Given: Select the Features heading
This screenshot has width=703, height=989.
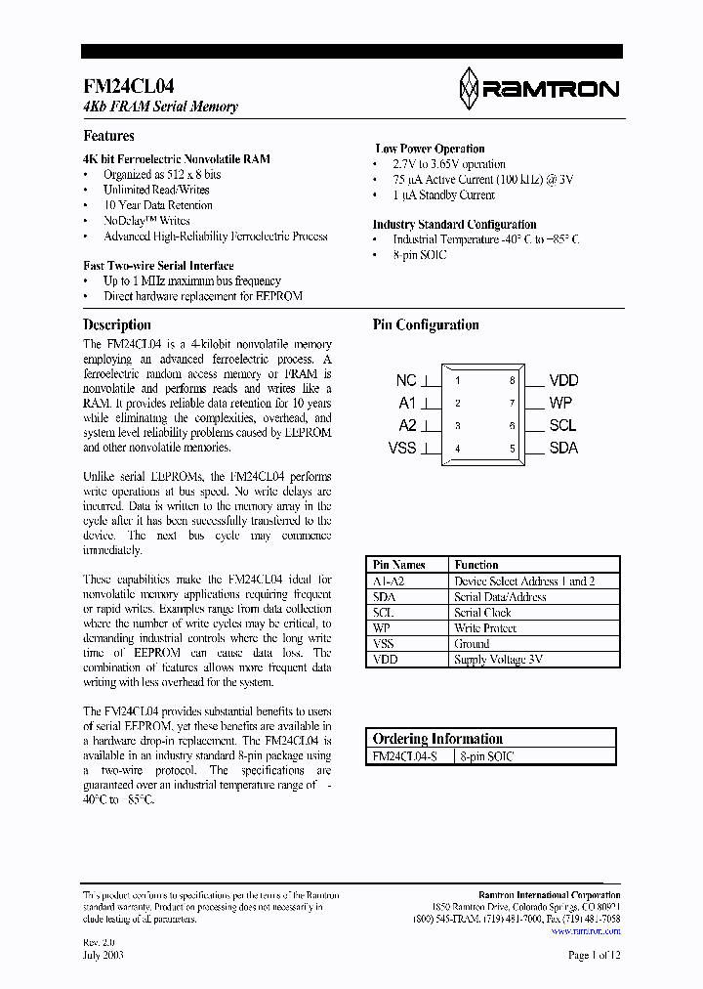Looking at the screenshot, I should click(x=108, y=136).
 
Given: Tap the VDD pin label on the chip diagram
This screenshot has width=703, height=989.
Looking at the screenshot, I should click(x=563, y=380).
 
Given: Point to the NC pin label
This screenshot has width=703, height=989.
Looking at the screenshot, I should click(x=406, y=380).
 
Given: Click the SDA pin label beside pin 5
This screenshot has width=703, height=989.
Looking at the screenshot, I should click(x=563, y=448).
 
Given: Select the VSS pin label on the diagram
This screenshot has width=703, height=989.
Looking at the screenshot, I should click(x=402, y=448).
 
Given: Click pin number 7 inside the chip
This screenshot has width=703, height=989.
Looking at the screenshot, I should click(x=512, y=403).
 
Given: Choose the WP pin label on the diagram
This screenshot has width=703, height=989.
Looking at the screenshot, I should click(x=560, y=403).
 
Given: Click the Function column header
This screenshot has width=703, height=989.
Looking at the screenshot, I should click(x=476, y=565).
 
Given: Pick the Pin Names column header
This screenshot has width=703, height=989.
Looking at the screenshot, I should click(x=398, y=565).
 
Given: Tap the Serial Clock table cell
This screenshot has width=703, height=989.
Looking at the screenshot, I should click(x=482, y=613).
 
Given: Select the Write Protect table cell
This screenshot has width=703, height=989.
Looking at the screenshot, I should click(x=484, y=628).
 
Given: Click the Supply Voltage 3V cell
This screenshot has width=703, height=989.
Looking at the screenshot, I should click(x=498, y=660).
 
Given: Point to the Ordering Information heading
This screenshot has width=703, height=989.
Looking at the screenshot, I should click(x=437, y=739).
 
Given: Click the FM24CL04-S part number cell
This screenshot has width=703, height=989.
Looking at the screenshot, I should click(x=406, y=756).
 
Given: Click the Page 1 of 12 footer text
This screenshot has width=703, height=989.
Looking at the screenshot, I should click(x=594, y=955).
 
